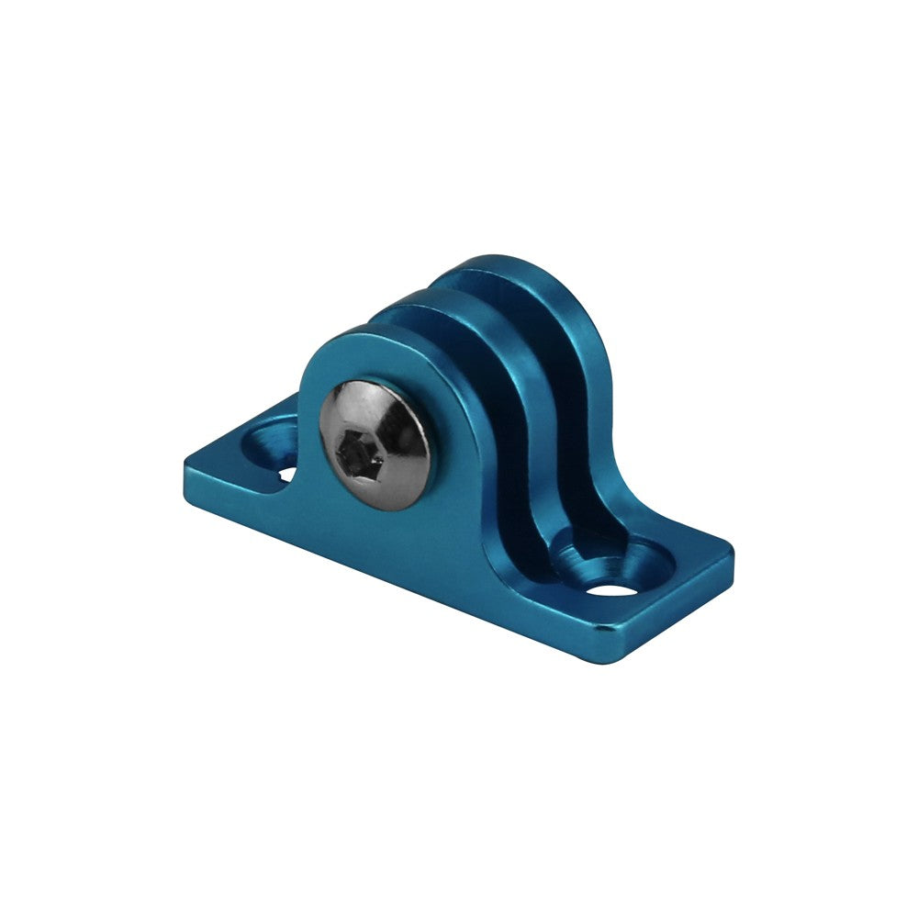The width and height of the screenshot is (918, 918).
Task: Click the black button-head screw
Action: [x=375, y=440]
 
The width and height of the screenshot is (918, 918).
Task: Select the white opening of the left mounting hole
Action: [x=286, y=475]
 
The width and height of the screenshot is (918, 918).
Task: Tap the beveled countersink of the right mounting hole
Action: [x=633, y=562]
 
